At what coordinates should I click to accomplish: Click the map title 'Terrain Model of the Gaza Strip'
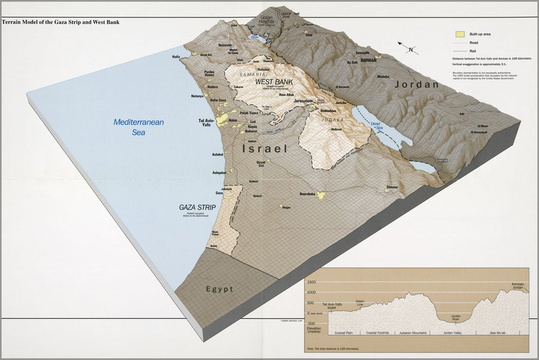click(x=61, y=22)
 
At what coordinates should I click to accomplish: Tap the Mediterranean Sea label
click(x=138, y=127)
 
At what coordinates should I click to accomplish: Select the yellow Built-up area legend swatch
click(x=460, y=34)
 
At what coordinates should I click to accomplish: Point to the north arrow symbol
click(x=410, y=49)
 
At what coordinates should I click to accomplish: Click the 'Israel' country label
click(x=265, y=149)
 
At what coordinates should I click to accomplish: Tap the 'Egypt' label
click(x=219, y=289)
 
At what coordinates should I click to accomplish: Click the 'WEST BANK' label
click(x=274, y=82)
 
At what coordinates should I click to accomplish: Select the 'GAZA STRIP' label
click(x=196, y=207)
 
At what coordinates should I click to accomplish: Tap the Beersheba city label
click(x=307, y=194)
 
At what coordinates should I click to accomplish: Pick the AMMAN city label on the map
click(x=368, y=60)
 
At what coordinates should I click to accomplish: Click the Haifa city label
click(x=176, y=57)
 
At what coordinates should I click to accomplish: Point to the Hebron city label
click(x=337, y=129)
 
